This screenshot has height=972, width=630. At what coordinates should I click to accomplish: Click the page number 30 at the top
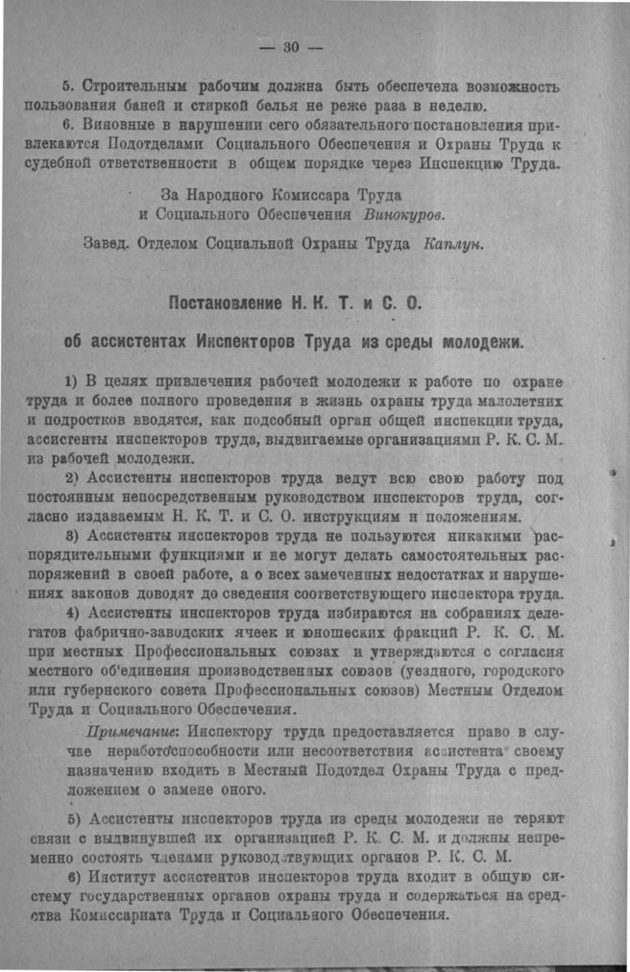pos(292,47)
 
